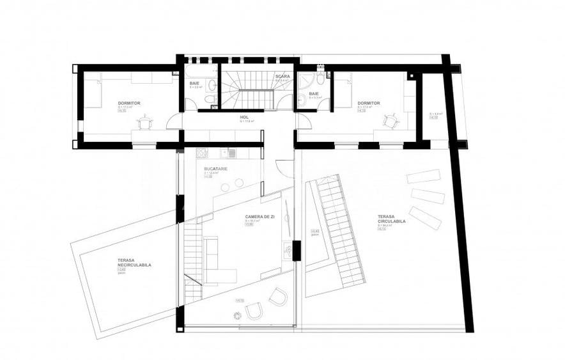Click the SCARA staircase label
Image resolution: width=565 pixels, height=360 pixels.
282,76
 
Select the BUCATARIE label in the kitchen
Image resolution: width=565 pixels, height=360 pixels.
215,168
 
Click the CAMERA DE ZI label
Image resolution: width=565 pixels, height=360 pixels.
259,217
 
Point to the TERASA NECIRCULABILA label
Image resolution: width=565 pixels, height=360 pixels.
134,262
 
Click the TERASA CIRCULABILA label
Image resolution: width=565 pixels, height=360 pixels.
391,219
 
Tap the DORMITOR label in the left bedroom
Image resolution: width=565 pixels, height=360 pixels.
130,103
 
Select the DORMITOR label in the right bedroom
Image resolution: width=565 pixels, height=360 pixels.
369,103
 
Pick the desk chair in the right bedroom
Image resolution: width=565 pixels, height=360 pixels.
389,120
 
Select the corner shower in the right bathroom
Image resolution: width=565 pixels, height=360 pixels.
304,79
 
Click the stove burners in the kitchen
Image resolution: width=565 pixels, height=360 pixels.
202,153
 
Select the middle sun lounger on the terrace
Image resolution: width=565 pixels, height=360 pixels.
428,196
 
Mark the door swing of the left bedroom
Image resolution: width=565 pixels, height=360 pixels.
173,121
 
